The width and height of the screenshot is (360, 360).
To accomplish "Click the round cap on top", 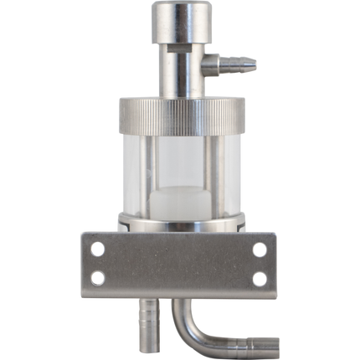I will (180, 21).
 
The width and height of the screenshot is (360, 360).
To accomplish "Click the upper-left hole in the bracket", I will (98, 249).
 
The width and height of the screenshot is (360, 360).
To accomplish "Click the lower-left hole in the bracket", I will (98, 278).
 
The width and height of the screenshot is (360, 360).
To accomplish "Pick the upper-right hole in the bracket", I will (260, 249).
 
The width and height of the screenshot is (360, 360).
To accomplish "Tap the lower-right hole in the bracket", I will (260, 278).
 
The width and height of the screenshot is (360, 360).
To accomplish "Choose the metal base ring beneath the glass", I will (181, 223).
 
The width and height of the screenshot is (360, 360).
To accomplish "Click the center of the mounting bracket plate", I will (179, 264).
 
